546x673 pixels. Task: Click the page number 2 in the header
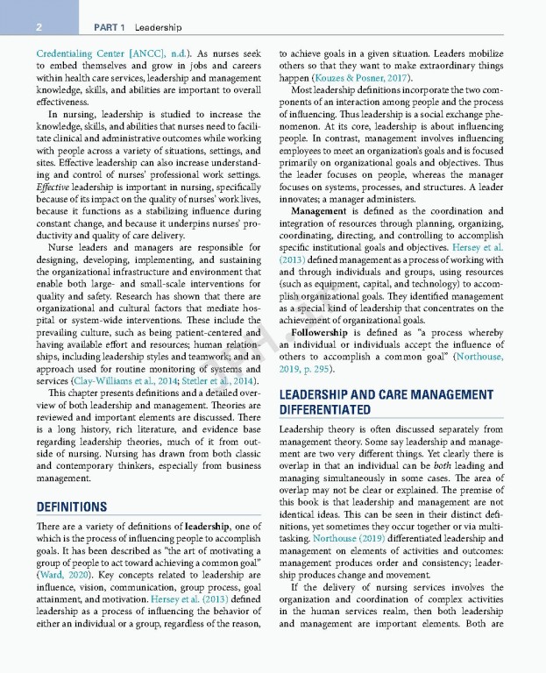[x=40, y=27]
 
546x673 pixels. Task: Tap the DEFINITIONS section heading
[x=71, y=507]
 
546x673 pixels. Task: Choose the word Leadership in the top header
[x=158, y=27]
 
